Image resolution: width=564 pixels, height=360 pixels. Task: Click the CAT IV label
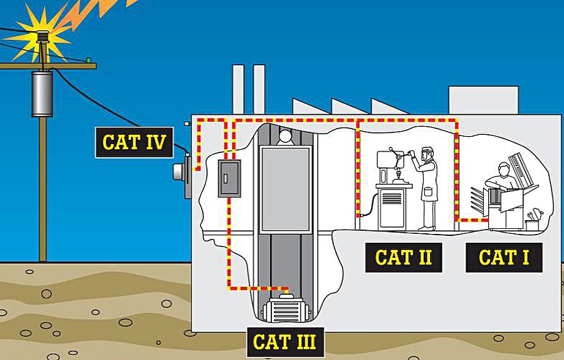[134, 142]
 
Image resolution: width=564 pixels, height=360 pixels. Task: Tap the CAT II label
[404, 257]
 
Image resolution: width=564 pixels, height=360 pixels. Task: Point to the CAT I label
[503, 257]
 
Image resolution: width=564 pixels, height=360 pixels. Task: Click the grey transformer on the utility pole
[42, 93]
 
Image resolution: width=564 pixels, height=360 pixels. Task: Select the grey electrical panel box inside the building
[229, 178]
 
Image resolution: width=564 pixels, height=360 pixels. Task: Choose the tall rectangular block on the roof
[483, 100]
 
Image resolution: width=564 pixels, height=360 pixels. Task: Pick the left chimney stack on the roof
[238, 88]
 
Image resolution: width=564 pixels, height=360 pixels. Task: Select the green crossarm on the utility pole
[47, 65]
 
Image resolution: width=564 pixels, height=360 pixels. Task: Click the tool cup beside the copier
[532, 223]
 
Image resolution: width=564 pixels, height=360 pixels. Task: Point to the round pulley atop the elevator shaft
[285, 135]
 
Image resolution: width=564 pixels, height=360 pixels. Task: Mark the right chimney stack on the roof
[259, 88]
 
